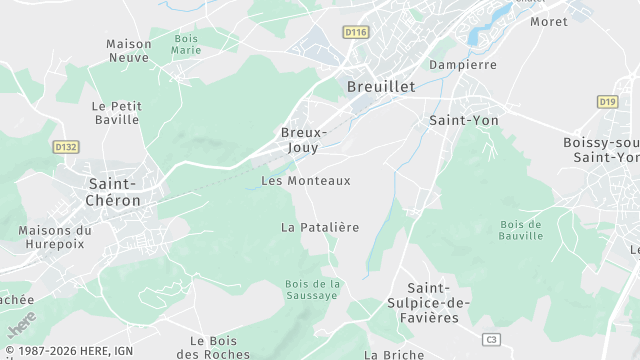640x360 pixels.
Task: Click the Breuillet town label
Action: click(x=380, y=87)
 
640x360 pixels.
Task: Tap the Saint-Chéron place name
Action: click(x=115, y=191)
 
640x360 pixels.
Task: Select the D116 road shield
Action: click(x=355, y=33)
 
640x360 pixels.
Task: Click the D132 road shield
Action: click(x=66, y=147)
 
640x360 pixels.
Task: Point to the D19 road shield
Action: click(x=607, y=101)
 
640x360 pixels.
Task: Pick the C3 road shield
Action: click(x=489, y=339)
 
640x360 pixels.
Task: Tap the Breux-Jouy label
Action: click(x=304, y=139)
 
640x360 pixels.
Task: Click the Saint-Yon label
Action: click(x=463, y=120)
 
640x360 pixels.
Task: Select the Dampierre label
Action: click(x=462, y=65)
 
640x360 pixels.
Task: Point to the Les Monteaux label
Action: click(x=306, y=181)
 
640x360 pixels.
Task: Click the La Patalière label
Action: click(x=319, y=227)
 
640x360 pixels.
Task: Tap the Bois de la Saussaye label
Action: click(x=313, y=289)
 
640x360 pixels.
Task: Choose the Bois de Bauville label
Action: click(x=520, y=230)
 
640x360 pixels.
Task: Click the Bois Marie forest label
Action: click(x=186, y=43)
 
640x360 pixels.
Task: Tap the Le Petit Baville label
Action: click(x=117, y=112)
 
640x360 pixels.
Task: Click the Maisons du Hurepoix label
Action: click(x=55, y=237)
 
